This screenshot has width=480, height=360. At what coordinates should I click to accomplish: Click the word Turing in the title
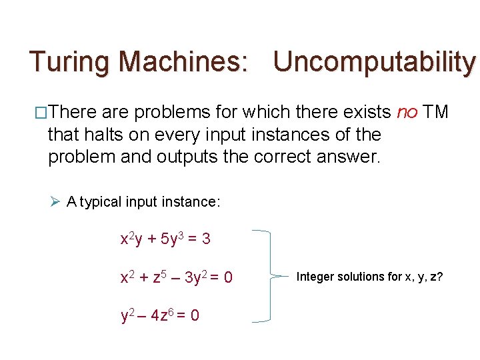69,62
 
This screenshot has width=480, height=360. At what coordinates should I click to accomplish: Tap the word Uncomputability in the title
374,62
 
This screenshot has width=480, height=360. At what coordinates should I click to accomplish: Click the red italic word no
407,112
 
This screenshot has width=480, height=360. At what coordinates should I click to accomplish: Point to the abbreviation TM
436,112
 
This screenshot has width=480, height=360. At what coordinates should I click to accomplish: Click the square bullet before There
41,113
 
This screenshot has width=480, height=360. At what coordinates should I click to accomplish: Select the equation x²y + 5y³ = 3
165,238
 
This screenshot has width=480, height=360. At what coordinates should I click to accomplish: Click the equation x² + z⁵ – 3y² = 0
176,275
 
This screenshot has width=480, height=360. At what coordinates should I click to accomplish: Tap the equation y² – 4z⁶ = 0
159,315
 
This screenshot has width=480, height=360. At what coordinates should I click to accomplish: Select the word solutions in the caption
361,276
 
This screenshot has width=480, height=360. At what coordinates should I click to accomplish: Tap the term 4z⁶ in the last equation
165,315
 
